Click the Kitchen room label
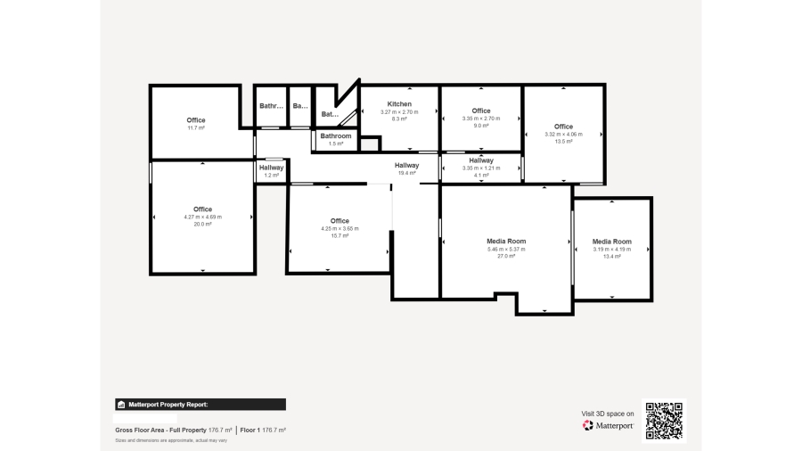399,104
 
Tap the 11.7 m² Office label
196,120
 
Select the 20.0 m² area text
203,225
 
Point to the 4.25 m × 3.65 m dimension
340,229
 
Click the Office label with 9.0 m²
481,111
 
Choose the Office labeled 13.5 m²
563,127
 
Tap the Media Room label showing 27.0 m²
506,242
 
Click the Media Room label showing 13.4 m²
612,242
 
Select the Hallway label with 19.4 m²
407,165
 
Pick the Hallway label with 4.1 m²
481,160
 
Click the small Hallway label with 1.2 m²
272,168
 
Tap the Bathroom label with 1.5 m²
336,135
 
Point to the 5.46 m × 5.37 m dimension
506,250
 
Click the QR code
664,420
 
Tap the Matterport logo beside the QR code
608,426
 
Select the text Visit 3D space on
608,414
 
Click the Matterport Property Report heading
168,404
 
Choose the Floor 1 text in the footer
264,430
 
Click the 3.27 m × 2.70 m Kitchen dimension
399,111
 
